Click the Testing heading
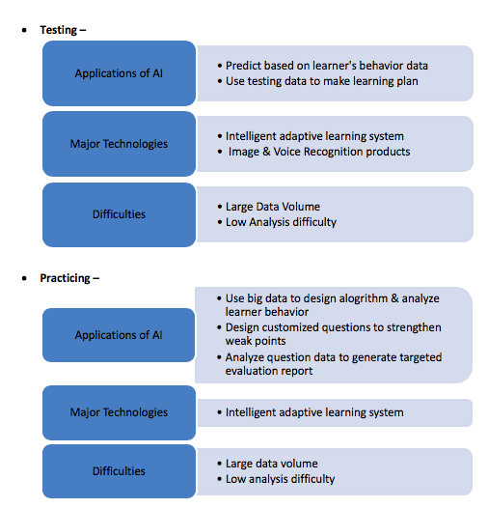[x=63, y=30]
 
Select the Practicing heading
[x=69, y=278]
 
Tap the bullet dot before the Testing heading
[x=24, y=31]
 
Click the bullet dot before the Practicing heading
[x=24, y=278]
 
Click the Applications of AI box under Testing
[x=119, y=73]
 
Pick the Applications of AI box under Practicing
[x=119, y=335]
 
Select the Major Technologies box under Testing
[x=119, y=144]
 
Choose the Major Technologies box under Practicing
[x=119, y=412]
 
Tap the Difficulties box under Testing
[x=119, y=214]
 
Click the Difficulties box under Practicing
[x=119, y=471]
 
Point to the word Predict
[x=242, y=66]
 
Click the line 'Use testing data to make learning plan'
[x=322, y=81]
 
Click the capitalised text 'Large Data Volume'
[x=273, y=207]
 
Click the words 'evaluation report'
[x=269, y=371]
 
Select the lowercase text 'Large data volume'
[x=272, y=464]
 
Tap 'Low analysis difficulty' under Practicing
[x=280, y=479]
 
